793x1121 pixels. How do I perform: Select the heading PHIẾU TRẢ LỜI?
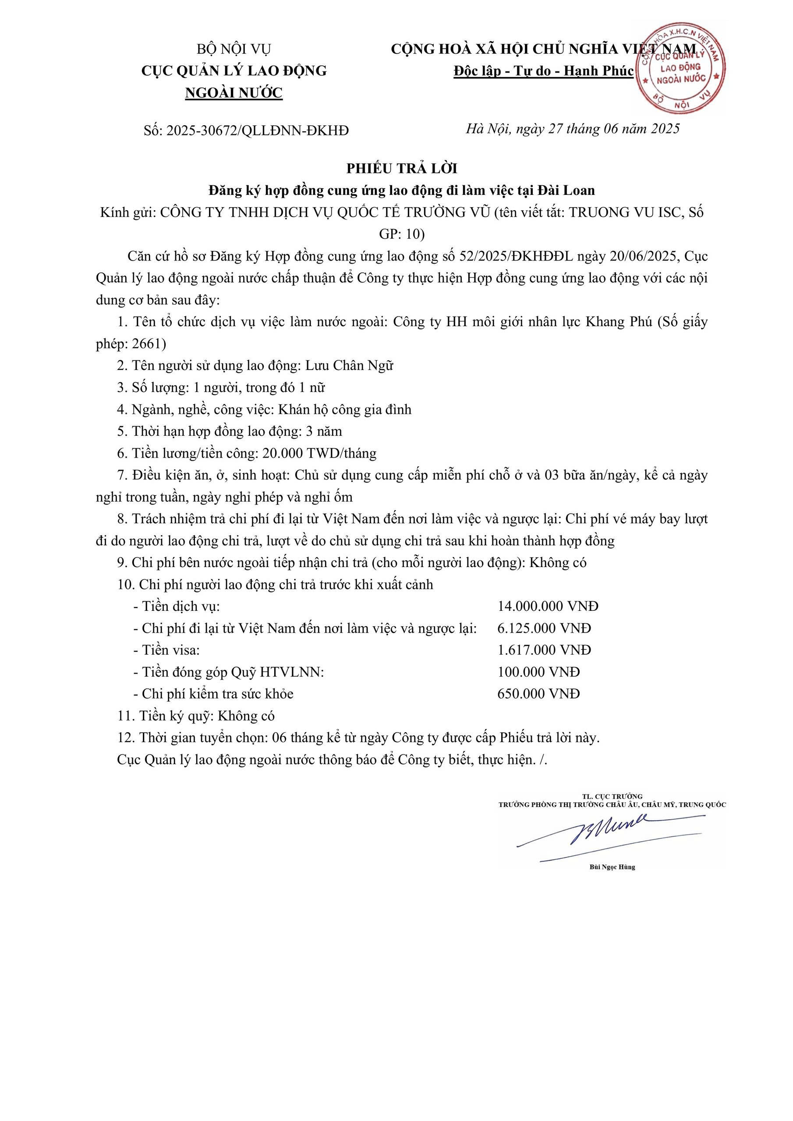click(x=402, y=169)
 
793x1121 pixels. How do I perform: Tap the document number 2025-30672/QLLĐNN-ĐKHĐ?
click(x=258, y=130)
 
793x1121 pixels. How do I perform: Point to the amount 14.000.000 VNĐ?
click(x=548, y=606)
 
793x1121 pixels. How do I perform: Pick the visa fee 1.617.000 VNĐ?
click(x=544, y=650)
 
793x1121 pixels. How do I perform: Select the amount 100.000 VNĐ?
click(x=538, y=672)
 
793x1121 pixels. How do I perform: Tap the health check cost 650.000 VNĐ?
click(x=538, y=694)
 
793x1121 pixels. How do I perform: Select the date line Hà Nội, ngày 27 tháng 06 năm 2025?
click(x=573, y=129)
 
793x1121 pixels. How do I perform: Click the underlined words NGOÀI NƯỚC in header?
click(x=234, y=93)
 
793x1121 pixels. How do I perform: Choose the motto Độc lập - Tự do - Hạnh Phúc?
click(x=543, y=71)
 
